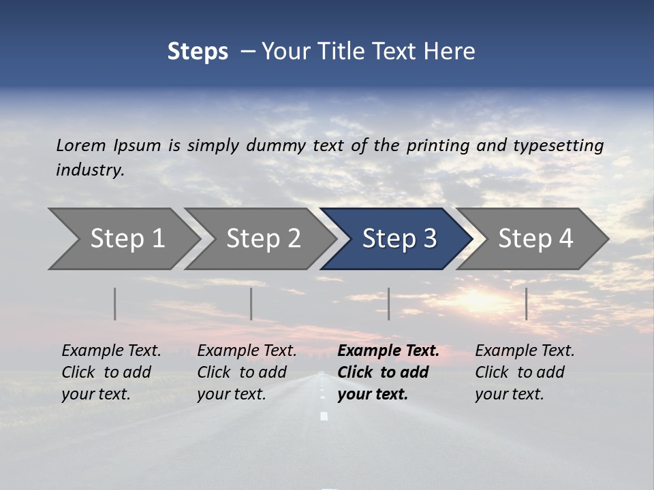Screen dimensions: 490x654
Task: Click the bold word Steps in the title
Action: (x=198, y=51)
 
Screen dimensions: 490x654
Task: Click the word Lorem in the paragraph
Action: (x=81, y=145)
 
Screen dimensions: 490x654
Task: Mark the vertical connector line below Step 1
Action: (x=115, y=304)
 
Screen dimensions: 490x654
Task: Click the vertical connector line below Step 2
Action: (x=251, y=304)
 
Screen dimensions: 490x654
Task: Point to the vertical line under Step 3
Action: (x=389, y=304)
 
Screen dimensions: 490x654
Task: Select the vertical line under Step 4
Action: (x=526, y=304)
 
